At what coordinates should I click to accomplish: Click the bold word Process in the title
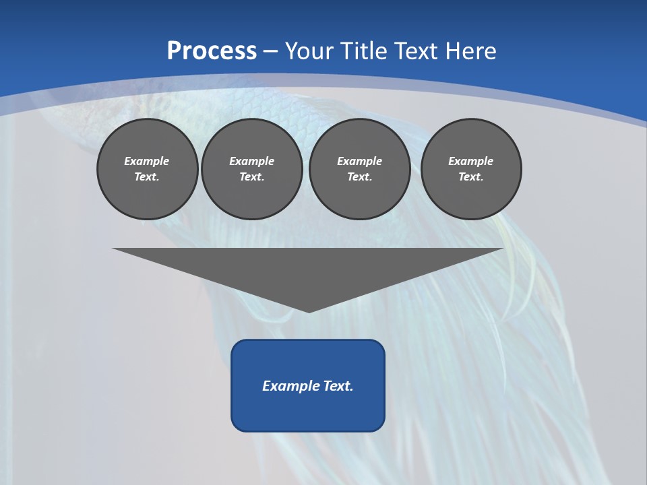(212, 51)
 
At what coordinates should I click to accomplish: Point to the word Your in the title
(307, 51)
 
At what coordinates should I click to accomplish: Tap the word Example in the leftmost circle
(147, 161)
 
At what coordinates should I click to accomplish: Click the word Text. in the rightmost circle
(471, 177)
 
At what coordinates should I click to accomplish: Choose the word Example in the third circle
(359, 161)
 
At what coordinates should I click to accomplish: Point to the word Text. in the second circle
(251, 177)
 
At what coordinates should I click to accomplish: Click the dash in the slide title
(271, 51)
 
